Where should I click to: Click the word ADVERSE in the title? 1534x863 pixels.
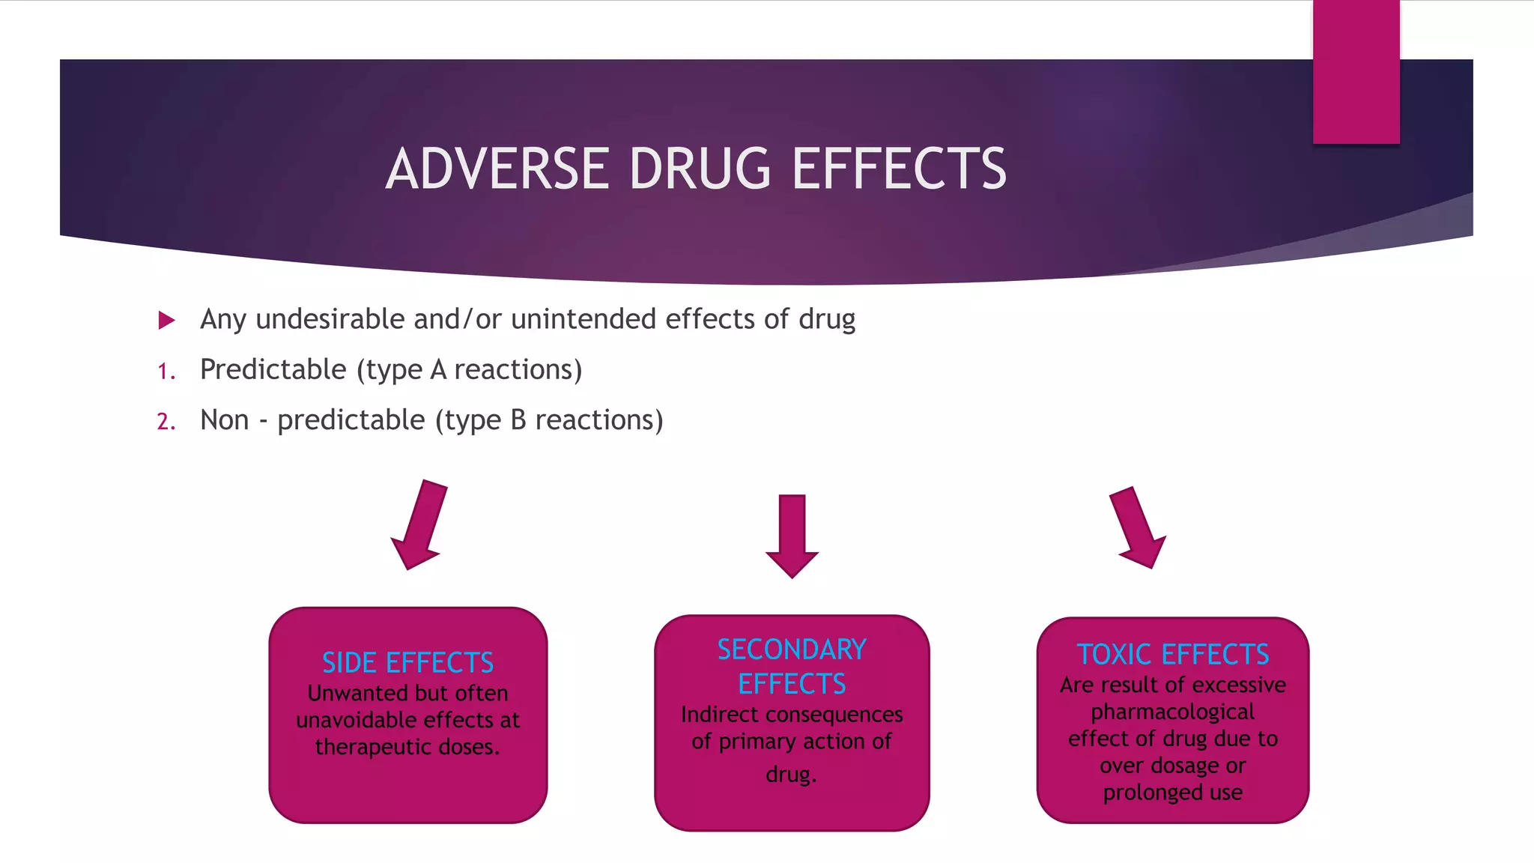pos(497,169)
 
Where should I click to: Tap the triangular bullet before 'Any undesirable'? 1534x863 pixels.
pos(166,321)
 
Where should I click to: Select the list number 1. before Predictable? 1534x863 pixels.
pos(166,372)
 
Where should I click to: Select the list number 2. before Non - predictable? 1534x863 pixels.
pos(166,422)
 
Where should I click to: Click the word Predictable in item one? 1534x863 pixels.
pos(273,370)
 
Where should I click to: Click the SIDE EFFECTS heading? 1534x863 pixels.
pos(407,663)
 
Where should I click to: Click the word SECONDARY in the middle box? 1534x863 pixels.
pos(792,649)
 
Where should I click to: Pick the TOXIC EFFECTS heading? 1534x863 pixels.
pos(1173,655)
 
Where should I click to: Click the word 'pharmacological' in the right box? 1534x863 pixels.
pos(1172,712)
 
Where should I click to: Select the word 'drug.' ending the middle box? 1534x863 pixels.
pos(791,775)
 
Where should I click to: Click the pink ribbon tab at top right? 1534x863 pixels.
pos(1356,71)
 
